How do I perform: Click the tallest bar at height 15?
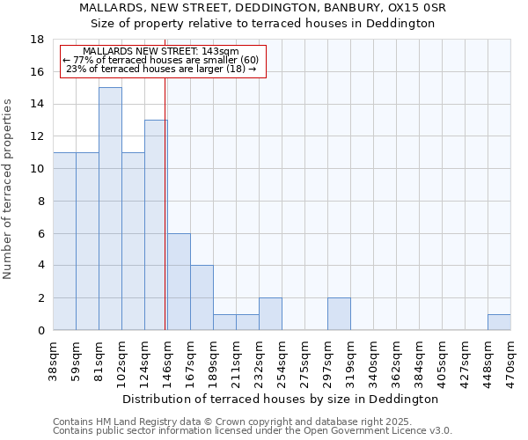point(110,209)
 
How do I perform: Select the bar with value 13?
point(156,225)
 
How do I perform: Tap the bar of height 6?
point(179,282)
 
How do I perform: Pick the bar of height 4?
point(202,297)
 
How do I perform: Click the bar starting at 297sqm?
point(339,314)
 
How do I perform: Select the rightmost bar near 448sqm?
point(499,322)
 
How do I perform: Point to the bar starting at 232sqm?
point(270,314)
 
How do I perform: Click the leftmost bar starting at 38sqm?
point(64,241)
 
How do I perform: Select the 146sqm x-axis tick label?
point(167,360)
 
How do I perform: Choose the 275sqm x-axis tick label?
point(304,360)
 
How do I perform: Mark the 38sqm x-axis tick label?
point(53,360)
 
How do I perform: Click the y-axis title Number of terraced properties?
point(9,188)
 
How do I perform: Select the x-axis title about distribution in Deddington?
point(282,399)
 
